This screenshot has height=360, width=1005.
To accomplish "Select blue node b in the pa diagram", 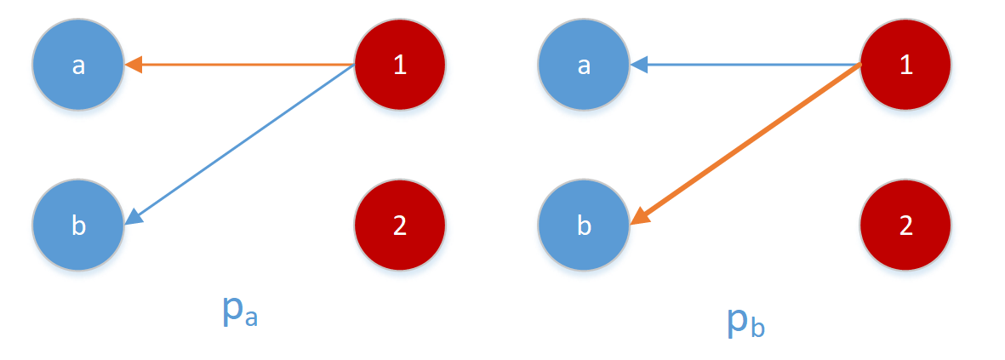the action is pos(78,225).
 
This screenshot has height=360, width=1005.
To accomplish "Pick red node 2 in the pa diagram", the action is pos(400,225).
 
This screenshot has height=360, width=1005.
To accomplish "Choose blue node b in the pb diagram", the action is pos(584,225).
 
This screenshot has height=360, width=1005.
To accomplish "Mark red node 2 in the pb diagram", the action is pos(905,225).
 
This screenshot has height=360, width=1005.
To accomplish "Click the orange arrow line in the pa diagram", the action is pos(247,64).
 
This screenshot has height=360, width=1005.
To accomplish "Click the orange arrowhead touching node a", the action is pos(133,64).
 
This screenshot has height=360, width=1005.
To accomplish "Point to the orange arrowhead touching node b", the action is pos(639,218).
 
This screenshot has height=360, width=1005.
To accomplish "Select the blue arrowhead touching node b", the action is pos(134,219).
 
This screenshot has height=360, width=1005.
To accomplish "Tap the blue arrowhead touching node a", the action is pos(637,64).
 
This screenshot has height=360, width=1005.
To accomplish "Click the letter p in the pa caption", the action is pos(231,313).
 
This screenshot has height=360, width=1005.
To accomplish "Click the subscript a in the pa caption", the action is pos(250,319).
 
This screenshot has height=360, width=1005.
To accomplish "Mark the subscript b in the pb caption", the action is pos(757,327).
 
